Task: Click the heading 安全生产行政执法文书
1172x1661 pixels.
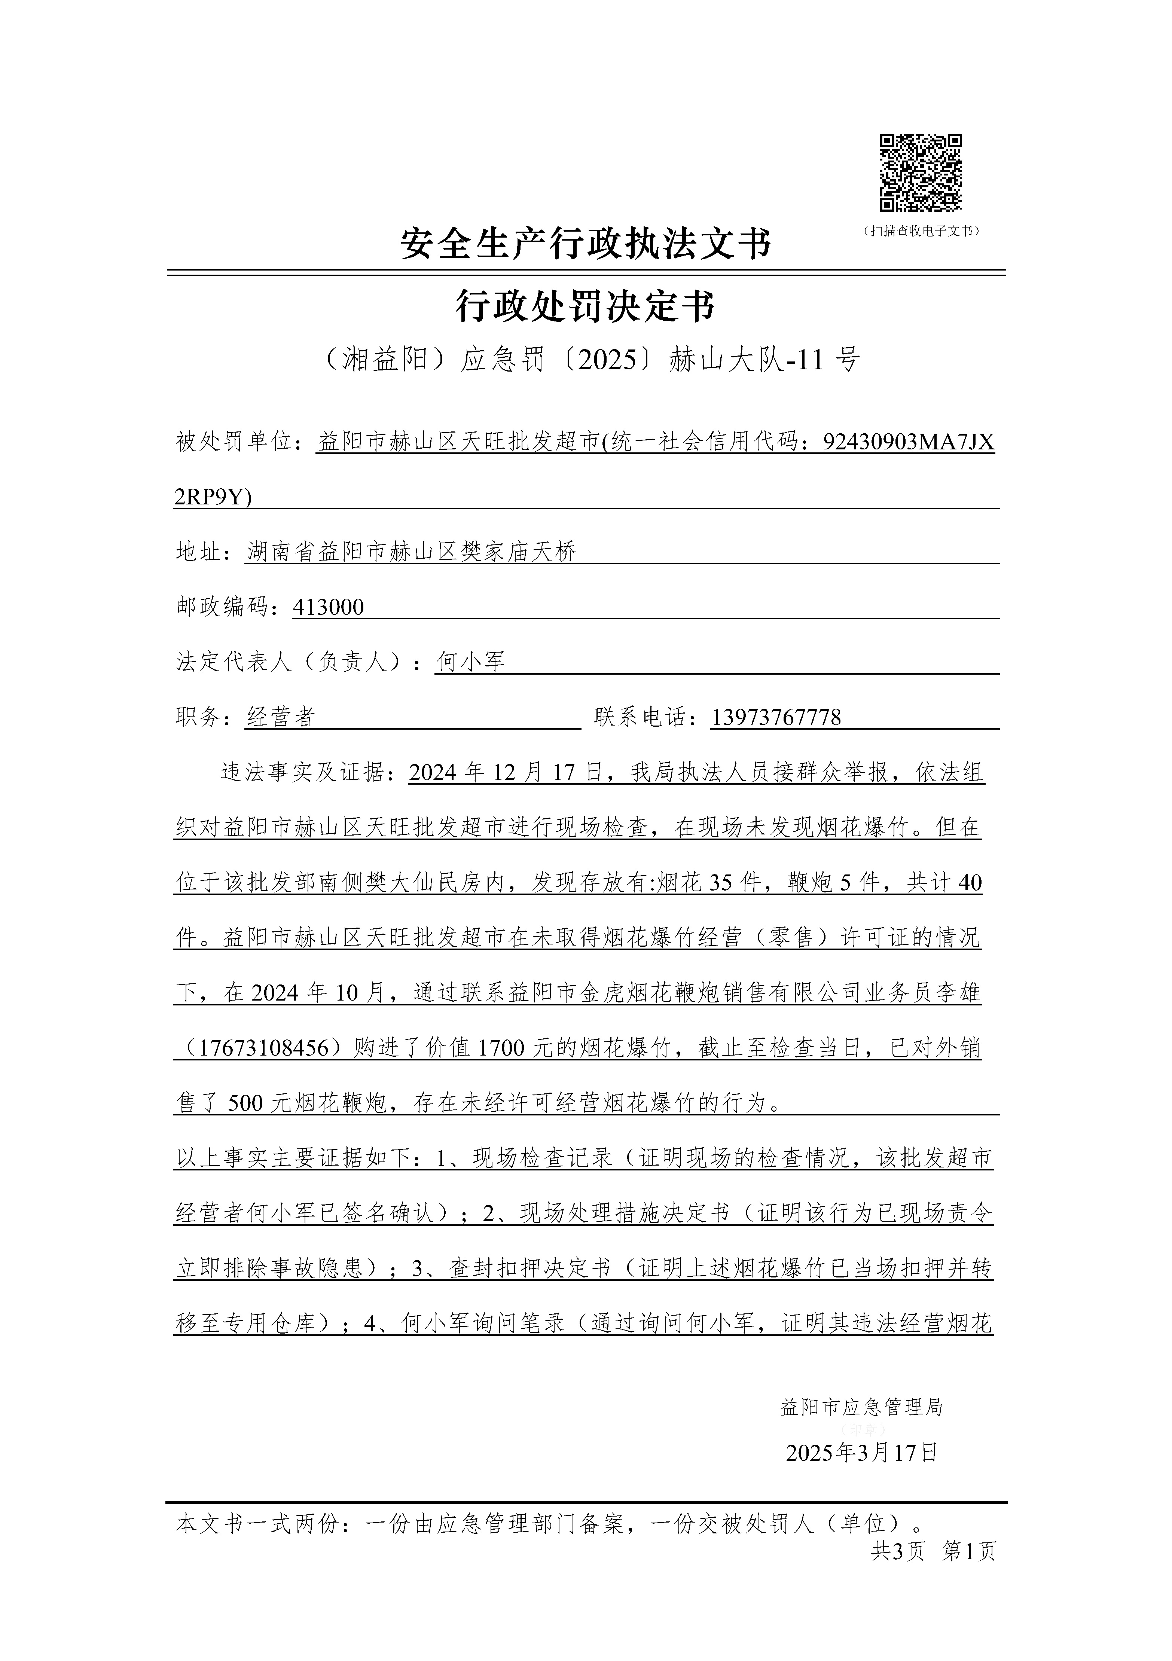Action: point(586,244)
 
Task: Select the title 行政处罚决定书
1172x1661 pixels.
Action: point(586,307)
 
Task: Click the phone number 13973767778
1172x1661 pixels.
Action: point(776,718)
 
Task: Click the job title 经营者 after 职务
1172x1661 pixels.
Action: point(281,718)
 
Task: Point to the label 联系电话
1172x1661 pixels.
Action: point(645,718)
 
